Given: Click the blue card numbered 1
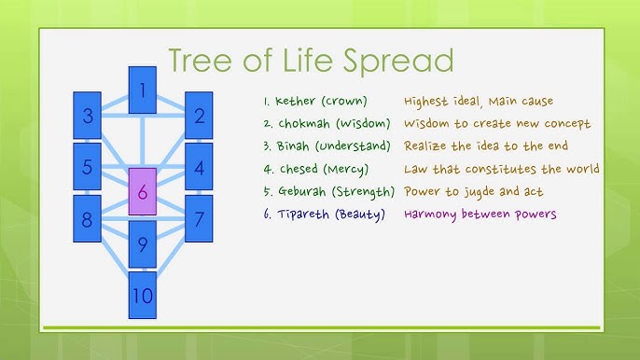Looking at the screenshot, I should coord(142,90).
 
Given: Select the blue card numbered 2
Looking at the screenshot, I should coord(199,116).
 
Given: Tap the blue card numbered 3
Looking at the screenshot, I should coord(88,116).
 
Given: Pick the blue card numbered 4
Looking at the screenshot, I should coord(199,168).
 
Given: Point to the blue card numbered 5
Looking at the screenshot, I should coord(88,168).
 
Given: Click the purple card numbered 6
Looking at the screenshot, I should coord(142,193).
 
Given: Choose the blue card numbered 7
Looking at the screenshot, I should coord(199,219).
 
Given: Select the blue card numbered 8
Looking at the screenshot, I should coord(88,219).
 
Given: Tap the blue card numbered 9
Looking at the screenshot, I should coord(142,245).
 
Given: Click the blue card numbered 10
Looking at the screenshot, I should coord(142,296).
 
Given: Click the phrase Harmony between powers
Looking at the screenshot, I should coord(480,214).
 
